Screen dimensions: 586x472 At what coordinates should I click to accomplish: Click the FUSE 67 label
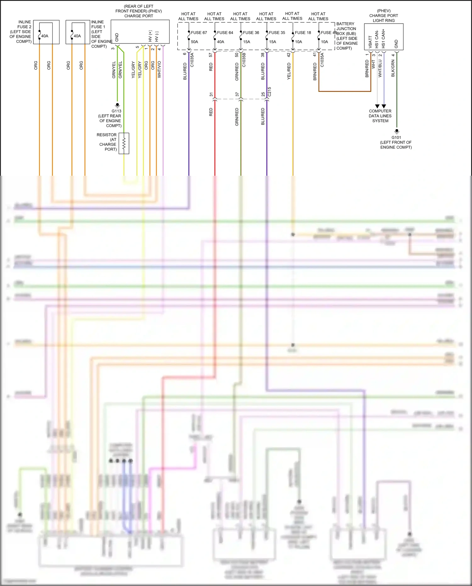point(199,32)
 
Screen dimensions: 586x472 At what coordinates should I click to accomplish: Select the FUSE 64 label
point(225,32)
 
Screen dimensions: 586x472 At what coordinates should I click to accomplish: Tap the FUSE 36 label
point(251,32)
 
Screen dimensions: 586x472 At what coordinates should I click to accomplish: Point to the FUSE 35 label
point(277,32)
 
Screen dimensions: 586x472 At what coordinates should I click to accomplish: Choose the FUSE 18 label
point(303,32)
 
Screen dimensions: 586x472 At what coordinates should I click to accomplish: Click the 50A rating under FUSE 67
point(194,42)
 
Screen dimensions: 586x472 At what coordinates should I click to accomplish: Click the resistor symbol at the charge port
point(124,144)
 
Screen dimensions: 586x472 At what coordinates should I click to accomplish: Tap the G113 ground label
point(116,111)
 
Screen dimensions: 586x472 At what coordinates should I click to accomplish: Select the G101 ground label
point(396,137)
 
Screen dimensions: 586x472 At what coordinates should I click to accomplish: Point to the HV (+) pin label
point(150,36)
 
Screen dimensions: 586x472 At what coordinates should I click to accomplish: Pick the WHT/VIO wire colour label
point(159,69)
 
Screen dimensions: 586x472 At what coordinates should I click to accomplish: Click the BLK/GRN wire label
point(393,68)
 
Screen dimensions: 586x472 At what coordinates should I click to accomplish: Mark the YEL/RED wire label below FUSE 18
point(289,71)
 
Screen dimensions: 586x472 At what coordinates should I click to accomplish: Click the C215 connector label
point(269,92)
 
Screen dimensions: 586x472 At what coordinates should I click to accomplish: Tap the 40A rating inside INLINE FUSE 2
point(45,36)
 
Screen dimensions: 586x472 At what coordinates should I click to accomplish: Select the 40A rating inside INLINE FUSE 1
point(77,36)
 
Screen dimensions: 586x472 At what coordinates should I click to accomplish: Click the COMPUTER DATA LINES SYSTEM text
point(380,116)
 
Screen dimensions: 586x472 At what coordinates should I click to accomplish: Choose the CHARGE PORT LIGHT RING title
point(384,18)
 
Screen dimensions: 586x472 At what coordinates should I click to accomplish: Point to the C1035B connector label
point(244,60)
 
